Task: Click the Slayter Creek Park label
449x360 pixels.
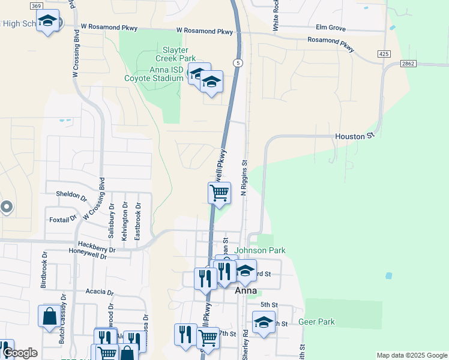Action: [x=176, y=54]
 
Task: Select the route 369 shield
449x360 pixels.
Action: [x=35, y=5]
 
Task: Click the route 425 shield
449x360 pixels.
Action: [x=385, y=54]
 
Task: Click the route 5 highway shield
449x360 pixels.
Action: [x=238, y=62]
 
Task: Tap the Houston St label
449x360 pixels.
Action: [x=350, y=136]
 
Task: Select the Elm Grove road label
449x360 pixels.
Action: [x=331, y=28]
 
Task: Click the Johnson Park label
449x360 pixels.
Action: [x=260, y=250]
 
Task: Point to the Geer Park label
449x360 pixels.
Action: [x=318, y=322]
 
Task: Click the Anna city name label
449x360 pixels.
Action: [x=246, y=290]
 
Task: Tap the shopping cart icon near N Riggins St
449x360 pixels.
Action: [x=219, y=193]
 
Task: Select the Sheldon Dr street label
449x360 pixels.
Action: [x=71, y=194]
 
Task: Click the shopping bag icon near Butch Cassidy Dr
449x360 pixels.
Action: [x=49, y=316]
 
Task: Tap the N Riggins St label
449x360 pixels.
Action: [x=244, y=177]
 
